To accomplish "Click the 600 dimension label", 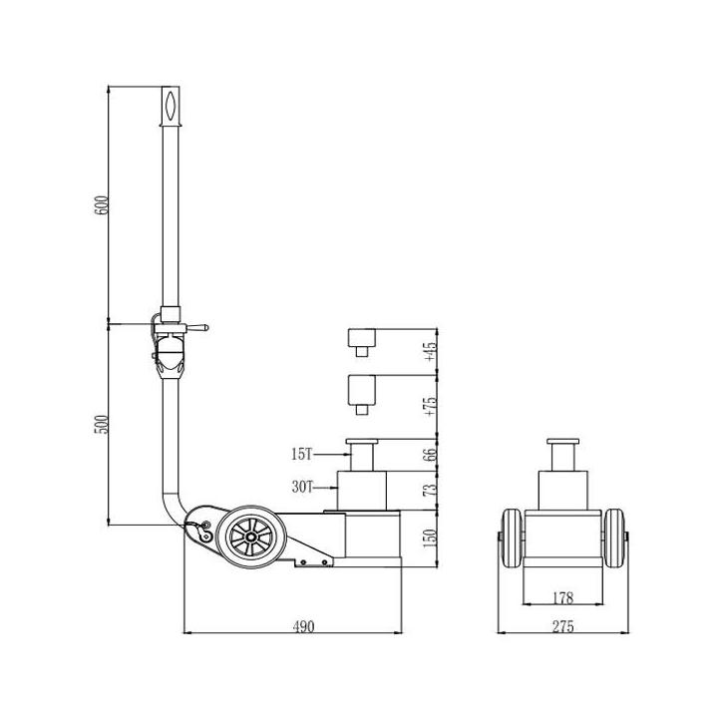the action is point(101,205).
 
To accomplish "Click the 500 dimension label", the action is point(101,425).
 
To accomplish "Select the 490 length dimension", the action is point(303,626).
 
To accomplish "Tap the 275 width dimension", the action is point(562,626).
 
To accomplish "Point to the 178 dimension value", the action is point(562,597).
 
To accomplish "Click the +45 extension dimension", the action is point(431,352).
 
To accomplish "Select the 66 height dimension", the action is point(431,455).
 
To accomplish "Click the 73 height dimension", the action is point(431,491).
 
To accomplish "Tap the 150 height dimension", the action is point(431,538).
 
